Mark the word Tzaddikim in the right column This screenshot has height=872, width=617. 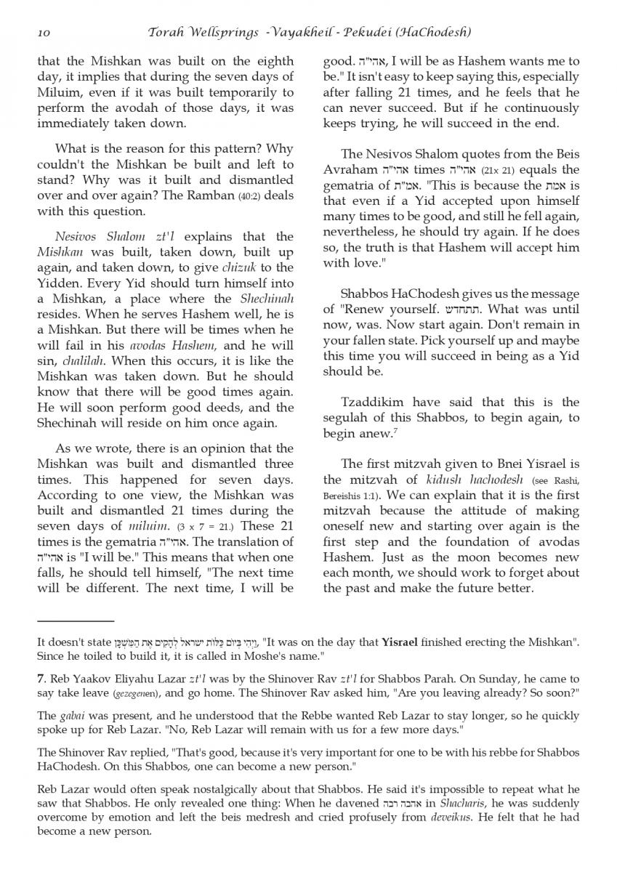(374, 403)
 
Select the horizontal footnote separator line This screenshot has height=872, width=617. (76, 621)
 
